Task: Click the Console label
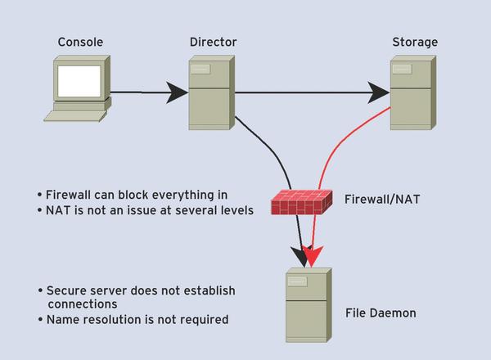pyautogui.click(x=80, y=42)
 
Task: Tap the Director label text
pyautogui.click(x=214, y=42)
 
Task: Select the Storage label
pyautogui.click(x=415, y=42)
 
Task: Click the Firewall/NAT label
pyautogui.click(x=382, y=200)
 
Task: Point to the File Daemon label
pyautogui.click(x=381, y=313)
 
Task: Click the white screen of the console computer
pyautogui.click(x=79, y=81)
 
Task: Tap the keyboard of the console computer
pyautogui.click(x=75, y=116)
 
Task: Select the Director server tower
pyautogui.click(x=212, y=92)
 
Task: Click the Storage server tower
pyautogui.click(x=413, y=92)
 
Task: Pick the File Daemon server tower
pyautogui.click(x=309, y=305)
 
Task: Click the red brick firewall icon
pyautogui.click(x=301, y=202)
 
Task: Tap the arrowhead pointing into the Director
pyautogui.click(x=177, y=92)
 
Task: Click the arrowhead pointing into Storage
pyautogui.click(x=378, y=92)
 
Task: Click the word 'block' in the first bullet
pyautogui.click(x=133, y=195)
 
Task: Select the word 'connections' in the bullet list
pyautogui.click(x=83, y=304)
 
